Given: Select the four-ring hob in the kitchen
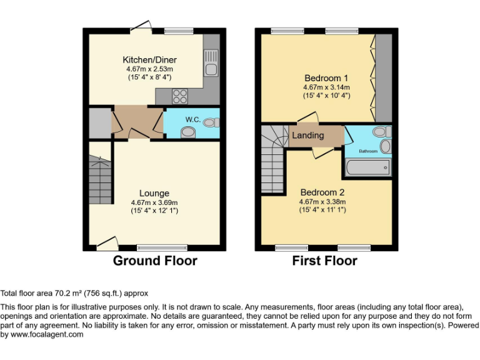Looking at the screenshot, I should [180, 96].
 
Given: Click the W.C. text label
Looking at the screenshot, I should [192, 119].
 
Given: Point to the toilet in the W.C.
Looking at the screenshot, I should [186, 132].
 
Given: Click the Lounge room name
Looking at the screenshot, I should [154, 193].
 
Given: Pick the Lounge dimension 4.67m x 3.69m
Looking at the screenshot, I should [154, 202].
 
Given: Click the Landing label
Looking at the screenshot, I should [308, 136].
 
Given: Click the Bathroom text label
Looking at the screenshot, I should [368, 151].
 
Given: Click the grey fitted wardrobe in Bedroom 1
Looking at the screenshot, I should [383, 78].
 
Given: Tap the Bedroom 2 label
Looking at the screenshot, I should [322, 192].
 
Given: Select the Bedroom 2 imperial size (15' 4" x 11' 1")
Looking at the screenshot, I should [322, 210].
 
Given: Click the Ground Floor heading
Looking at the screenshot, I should [154, 261].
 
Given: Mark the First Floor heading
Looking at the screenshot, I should [324, 261].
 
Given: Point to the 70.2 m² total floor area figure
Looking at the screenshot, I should [63, 292].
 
